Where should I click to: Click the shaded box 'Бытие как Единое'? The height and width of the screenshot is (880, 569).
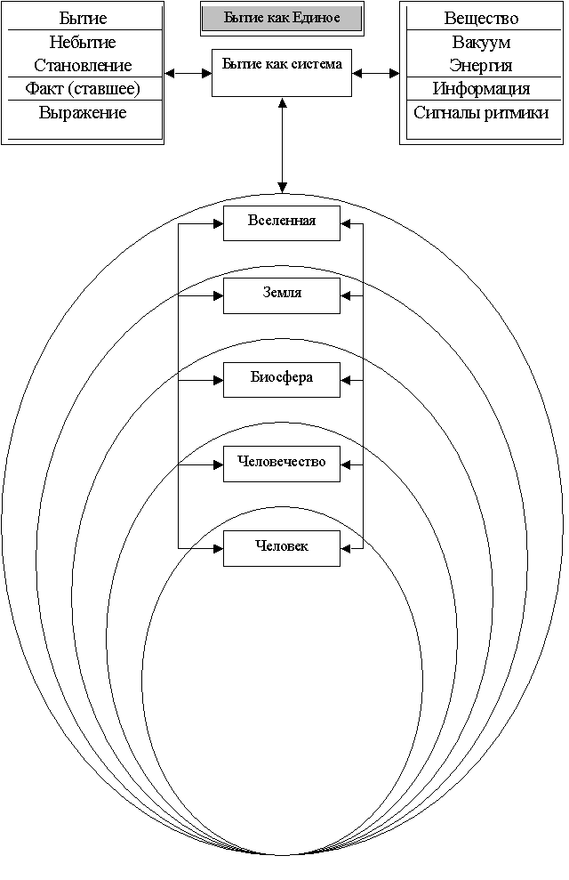click(x=282, y=18)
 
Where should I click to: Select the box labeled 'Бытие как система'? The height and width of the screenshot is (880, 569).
click(x=282, y=73)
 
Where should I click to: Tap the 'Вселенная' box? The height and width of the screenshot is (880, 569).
click(x=282, y=223)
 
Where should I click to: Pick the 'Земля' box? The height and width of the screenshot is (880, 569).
click(x=282, y=295)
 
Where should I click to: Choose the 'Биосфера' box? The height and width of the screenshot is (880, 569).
click(x=282, y=380)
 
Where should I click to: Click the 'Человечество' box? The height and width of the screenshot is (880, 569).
click(x=282, y=464)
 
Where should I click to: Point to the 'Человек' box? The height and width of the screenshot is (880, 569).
click(x=282, y=548)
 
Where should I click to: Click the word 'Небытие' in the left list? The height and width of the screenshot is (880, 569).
click(x=83, y=42)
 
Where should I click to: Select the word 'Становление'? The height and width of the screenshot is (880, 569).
click(x=83, y=66)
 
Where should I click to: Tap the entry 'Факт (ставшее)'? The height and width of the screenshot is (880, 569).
click(x=83, y=89)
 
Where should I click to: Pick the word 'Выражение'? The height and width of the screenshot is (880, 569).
click(x=83, y=113)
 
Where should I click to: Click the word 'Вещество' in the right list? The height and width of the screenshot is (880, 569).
click(x=482, y=19)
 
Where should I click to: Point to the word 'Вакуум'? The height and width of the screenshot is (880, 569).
click(x=482, y=43)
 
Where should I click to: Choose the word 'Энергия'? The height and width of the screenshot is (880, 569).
click(x=482, y=66)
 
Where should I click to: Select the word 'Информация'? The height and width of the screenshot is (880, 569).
click(x=482, y=89)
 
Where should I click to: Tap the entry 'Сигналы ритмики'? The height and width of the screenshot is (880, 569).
click(x=482, y=113)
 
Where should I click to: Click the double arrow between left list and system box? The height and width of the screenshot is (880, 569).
click(x=188, y=73)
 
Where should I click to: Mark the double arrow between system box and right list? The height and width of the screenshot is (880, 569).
click(x=375, y=73)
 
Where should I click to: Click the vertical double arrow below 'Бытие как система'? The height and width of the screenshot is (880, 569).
click(x=282, y=145)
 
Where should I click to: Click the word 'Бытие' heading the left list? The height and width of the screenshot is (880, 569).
click(x=83, y=19)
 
